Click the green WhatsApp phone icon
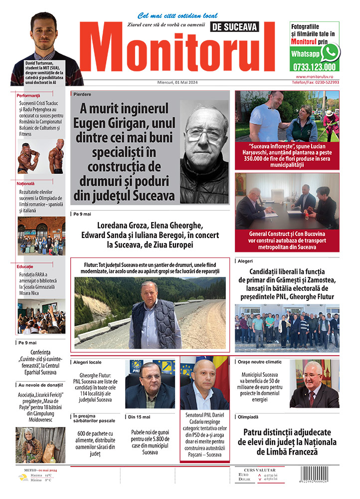click(x=330, y=52)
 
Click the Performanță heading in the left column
click(x=28, y=95)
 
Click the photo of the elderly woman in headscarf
click(x=33, y=445)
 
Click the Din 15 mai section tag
click(x=140, y=416)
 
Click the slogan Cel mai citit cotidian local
click(x=177, y=15)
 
